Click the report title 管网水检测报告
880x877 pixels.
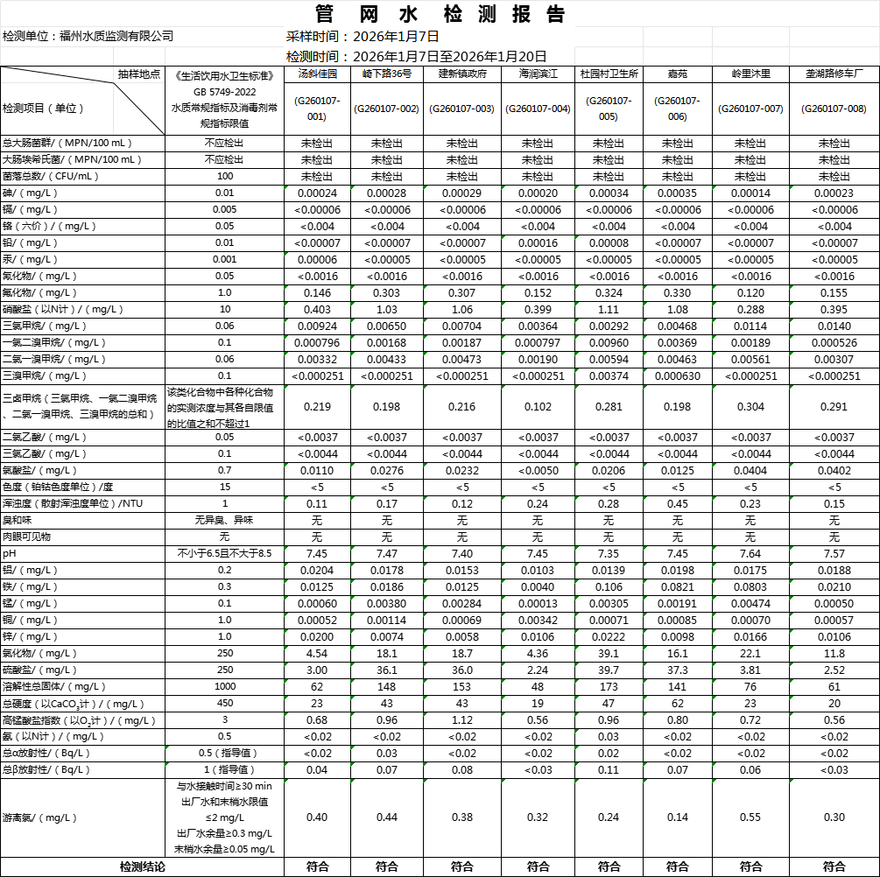pos(440,14)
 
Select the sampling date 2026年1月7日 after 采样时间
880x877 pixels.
pos(395,36)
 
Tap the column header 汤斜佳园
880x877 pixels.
pos(317,74)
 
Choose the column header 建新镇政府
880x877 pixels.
pos(461,74)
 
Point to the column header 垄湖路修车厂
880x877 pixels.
pos(834,74)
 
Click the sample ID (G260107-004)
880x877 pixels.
pos(538,109)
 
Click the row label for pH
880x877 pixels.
pos(10,553)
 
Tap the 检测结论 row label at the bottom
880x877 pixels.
pos(142,866)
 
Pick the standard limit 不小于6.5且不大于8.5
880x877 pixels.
pos(225,553)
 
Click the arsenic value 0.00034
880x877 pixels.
pos(609,193)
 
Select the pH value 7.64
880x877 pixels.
pos(750,553)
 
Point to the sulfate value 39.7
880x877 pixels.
pos(609,670)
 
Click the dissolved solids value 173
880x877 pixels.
pos(609,686)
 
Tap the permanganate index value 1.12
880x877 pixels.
pos(461,719)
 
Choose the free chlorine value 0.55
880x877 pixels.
pos(750,817)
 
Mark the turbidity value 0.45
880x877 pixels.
pos(677,503)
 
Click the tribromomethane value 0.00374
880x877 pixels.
pos(609,375)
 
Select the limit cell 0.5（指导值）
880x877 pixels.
pos(225,753)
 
